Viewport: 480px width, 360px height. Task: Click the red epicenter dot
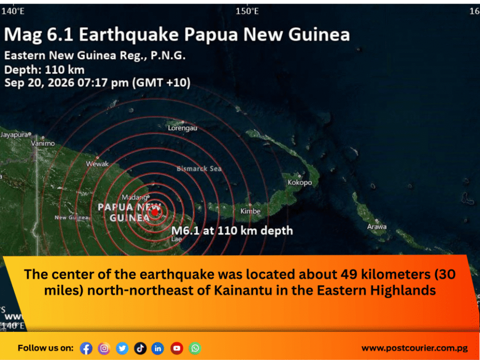[x=155, y=212]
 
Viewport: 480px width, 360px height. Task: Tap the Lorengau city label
[x=182, y=128]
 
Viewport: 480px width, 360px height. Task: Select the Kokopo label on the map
[x=300, y=182]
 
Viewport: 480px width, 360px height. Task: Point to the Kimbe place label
[x=250, y=211]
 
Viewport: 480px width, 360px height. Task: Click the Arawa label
[x=377, y=227]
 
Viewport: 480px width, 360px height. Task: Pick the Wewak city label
[x=97, y=164]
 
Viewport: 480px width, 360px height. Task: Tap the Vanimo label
[x=43, y=144]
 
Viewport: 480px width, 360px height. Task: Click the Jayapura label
[x=15, y=134]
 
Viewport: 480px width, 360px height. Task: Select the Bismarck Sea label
[x=199, y=168]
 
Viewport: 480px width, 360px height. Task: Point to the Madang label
[x=135, y=197]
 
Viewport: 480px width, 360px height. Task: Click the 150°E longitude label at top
[x=247, y=11]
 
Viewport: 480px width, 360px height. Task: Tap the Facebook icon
[x=86, y=348]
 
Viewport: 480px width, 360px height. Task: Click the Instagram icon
[x=104, y=348]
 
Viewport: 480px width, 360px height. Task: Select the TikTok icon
[x=140, y=348]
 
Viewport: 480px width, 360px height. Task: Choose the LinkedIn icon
[x=158, y=348]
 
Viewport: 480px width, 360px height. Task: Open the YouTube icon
[x=176, y=348]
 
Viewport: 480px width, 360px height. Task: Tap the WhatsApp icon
[x=195, y=348]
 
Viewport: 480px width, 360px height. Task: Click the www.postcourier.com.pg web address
[x=415, y=348]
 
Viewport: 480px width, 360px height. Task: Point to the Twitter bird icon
[x=122, y=348]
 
